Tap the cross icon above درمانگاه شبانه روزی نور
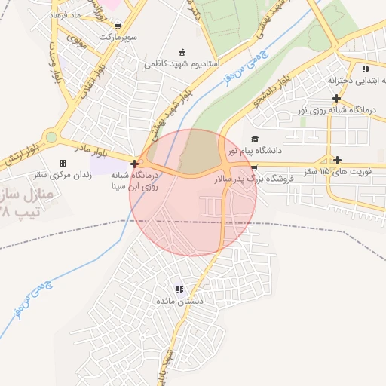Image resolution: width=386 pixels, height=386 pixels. point(336,98)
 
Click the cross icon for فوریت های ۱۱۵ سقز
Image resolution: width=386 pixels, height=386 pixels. point(337,160)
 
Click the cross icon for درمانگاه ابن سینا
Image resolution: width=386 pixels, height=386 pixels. point(134,163)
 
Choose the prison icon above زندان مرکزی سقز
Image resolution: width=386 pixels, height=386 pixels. point(63,163)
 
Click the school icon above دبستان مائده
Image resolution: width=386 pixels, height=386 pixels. point(179,289)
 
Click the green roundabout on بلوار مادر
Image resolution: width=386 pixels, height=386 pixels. point(51,137)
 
